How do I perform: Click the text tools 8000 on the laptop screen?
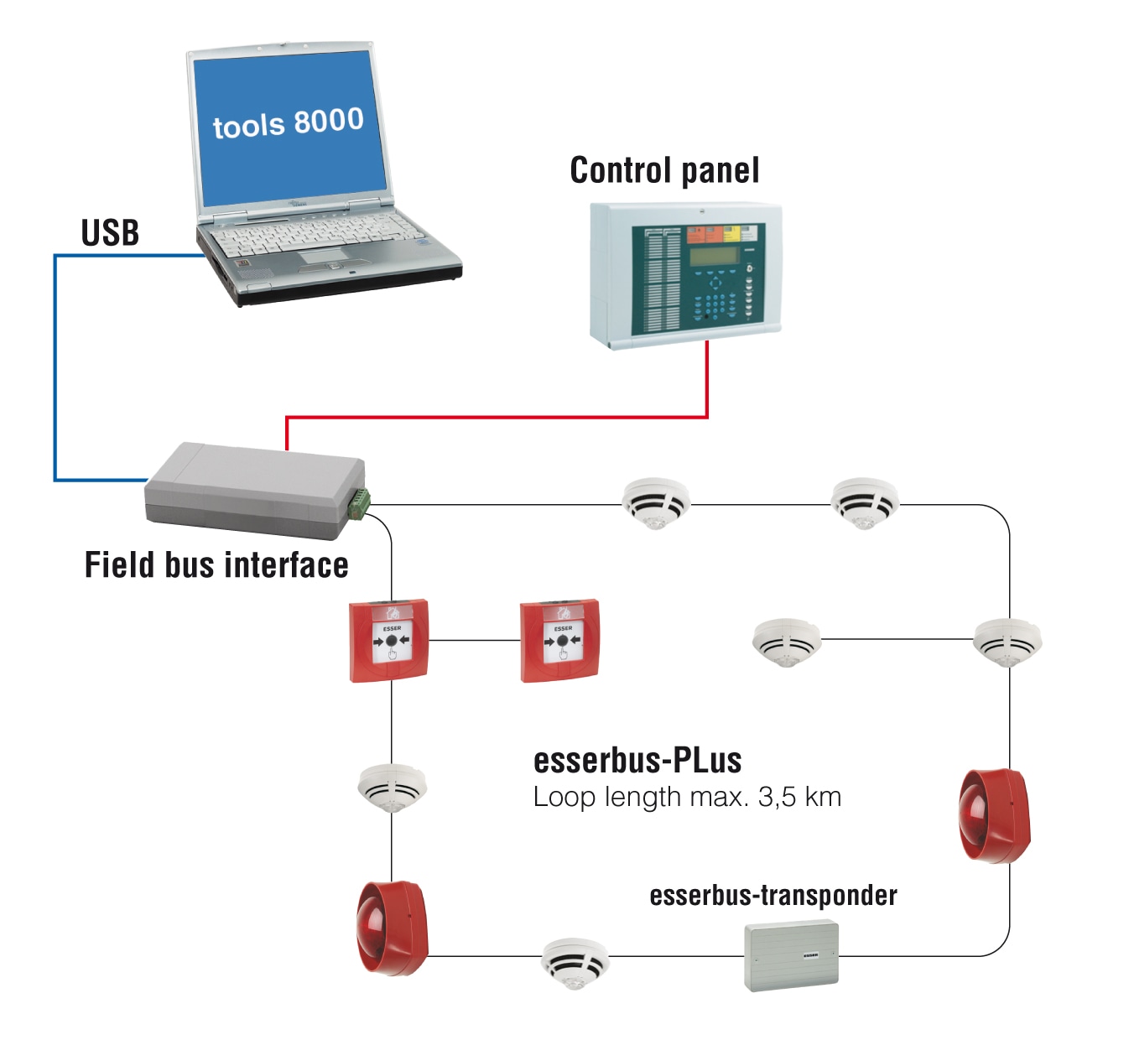[x=288, y=123]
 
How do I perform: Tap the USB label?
[x=110, y=233]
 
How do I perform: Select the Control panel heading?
[x=664, y=170]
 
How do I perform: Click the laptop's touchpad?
[x=322, y=255]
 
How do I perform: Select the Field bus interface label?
[x=216, y=565]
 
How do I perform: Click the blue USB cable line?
[x=55, y=369]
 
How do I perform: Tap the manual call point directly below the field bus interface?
[x=390, y=640]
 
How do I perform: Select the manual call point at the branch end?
[x=560, y=641]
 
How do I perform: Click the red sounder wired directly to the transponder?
[x=995, y=815]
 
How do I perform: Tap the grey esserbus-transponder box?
[x=791, y=955]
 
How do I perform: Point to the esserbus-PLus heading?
[x=637, y=761]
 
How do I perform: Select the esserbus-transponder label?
[x=773, y=896]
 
